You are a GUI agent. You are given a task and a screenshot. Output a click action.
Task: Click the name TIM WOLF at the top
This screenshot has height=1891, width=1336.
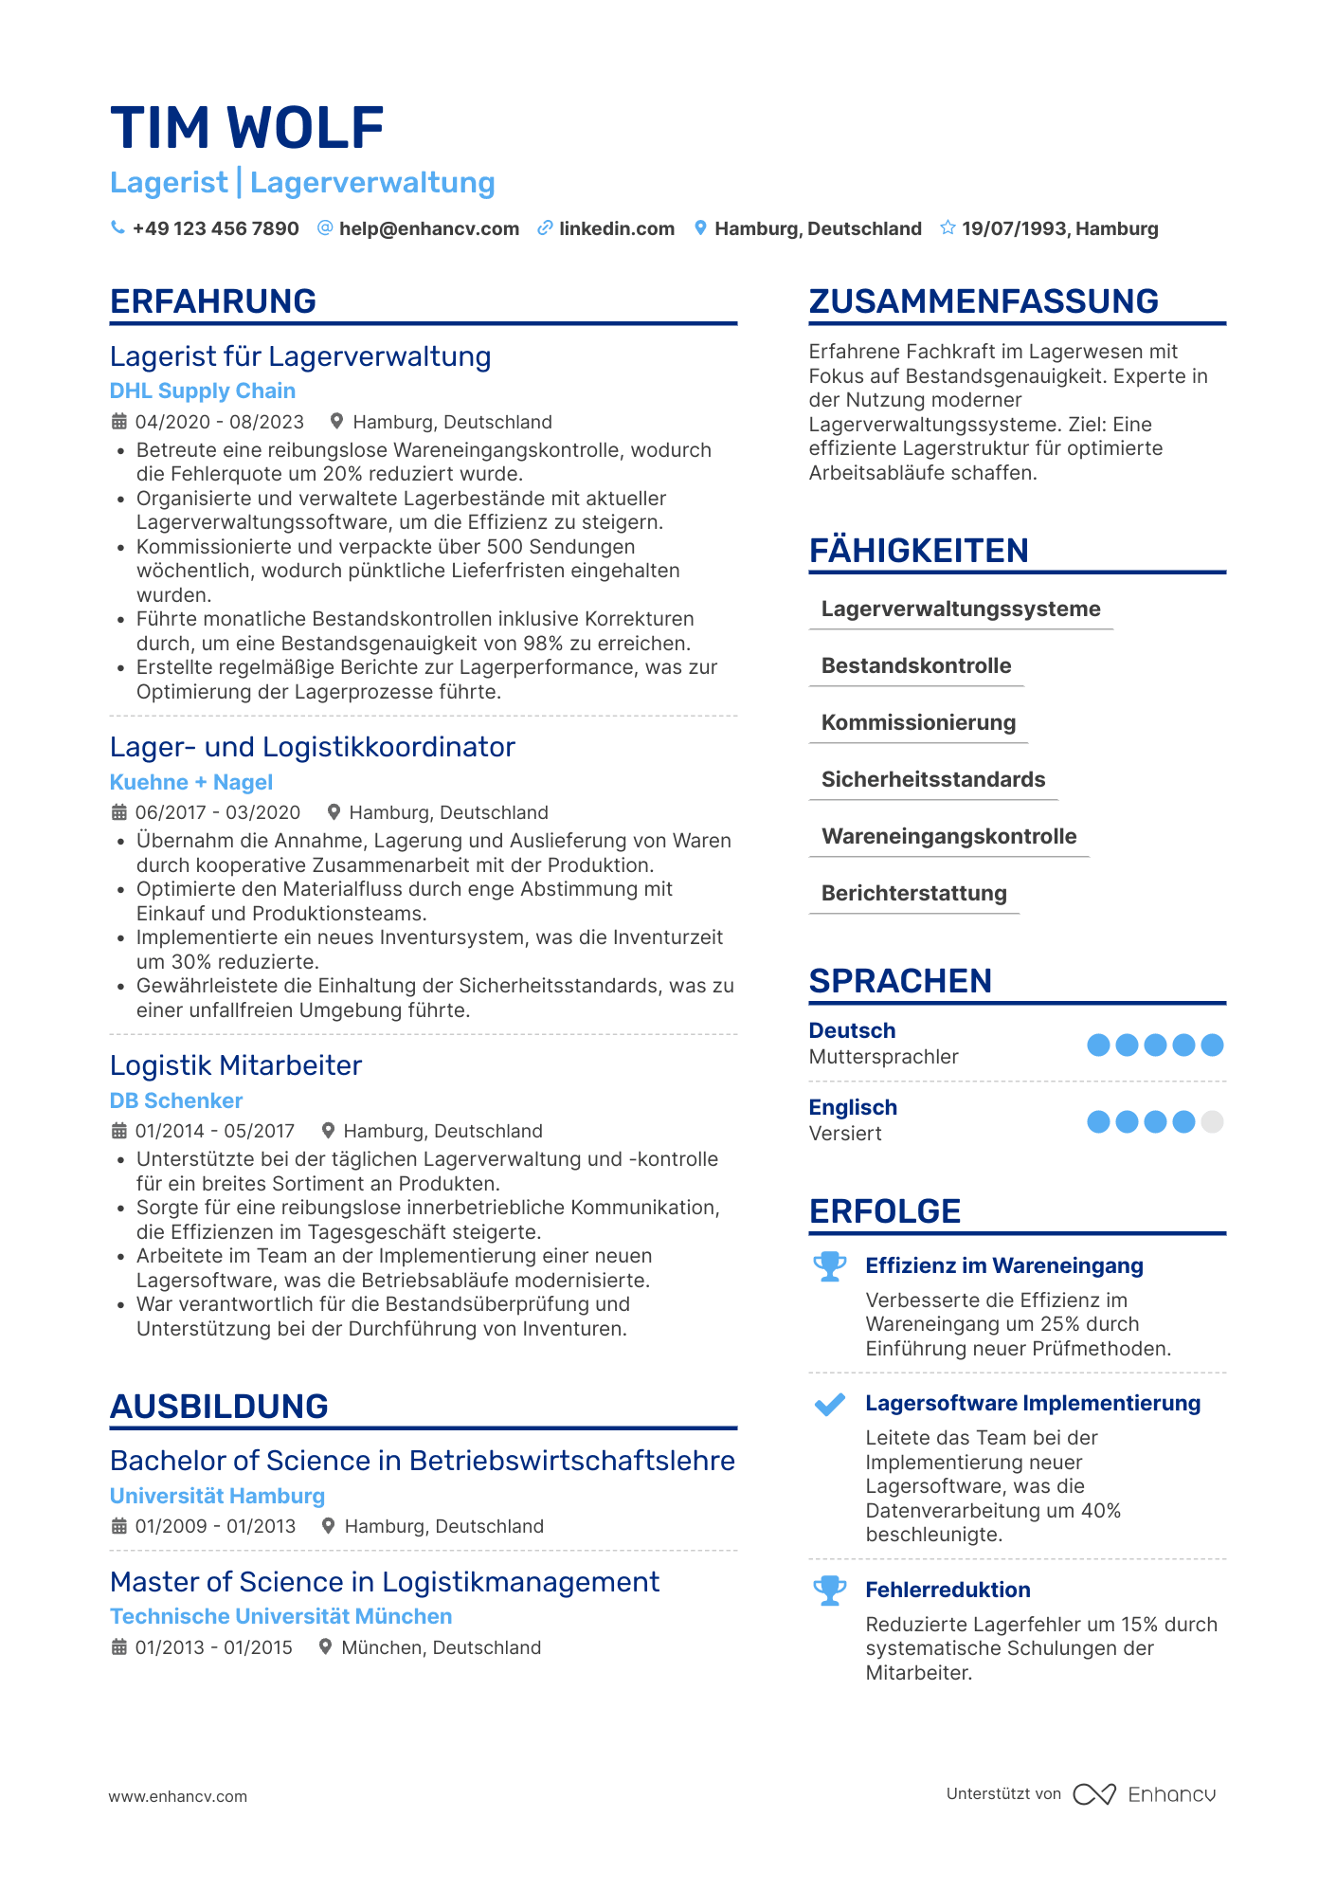coord(246,128)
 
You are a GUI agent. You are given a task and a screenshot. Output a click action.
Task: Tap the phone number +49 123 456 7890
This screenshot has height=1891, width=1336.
coord(215,228)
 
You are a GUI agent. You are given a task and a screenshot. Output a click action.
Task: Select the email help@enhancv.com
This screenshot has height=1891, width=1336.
coord(428,228)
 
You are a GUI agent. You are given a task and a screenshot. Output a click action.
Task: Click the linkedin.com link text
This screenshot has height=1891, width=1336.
coord(616,228)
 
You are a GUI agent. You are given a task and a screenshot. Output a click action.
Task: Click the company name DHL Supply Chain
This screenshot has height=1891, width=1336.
coord(202,391)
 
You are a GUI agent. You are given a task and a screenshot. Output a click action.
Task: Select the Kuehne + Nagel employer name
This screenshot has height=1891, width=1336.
coord(190,782)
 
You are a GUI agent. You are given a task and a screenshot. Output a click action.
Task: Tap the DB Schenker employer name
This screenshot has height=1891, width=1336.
coord(175,1100)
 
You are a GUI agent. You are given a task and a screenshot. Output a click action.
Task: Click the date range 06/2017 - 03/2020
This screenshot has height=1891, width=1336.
coord(217,812)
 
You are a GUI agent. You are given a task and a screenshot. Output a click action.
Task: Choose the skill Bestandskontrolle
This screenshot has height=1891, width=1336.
coord(915,665)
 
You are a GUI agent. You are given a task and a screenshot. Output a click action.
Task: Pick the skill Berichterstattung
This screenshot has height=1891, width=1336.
coord(913,893)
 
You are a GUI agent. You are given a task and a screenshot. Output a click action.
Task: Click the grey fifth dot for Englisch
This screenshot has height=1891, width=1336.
coord(1211,1122)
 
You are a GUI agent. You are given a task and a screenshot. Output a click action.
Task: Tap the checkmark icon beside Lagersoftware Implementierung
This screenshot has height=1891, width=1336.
coord(829,1404)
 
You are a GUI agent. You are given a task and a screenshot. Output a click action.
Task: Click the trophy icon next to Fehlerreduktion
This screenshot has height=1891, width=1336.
coord(829,1590)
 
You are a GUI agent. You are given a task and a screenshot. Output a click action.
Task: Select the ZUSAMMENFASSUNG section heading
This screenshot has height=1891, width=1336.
coord(983,301)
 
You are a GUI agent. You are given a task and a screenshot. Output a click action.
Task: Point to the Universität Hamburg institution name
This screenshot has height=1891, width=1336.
coord(217,1496)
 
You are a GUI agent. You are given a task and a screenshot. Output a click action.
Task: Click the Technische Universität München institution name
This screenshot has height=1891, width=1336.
coord(280,1616)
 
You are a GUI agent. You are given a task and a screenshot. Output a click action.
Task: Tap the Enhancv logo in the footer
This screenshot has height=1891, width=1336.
coord(1145,1794)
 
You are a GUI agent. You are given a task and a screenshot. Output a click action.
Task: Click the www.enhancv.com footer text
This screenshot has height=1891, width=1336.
coord(177,1796)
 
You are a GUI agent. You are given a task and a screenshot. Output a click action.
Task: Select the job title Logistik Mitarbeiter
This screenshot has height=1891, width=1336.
coord(235,1065)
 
